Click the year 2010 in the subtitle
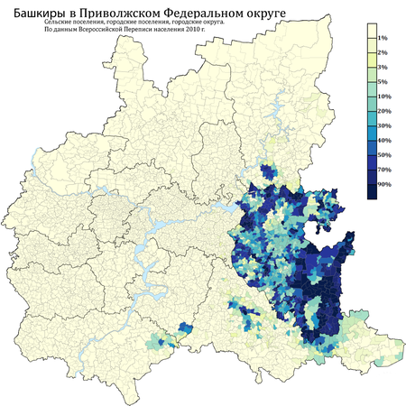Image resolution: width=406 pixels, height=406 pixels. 203,42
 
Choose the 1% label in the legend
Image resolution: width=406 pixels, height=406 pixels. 383,39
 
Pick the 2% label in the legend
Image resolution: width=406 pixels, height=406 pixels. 383,53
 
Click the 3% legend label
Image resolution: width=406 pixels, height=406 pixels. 383,68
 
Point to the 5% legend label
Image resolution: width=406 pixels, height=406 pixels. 383,82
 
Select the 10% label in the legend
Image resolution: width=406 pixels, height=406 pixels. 383,96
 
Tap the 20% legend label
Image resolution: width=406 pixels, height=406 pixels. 383,110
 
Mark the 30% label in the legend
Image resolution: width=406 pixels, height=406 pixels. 383,125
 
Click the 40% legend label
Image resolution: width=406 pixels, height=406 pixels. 383,139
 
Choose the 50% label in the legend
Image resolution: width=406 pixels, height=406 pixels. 383,153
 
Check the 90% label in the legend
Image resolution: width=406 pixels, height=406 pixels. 383,183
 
